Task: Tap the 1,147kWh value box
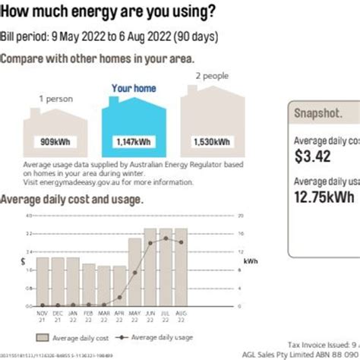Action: click(x=134, y=141)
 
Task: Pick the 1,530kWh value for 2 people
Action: click(x=207, y=141)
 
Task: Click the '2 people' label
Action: click(x=213, y=77)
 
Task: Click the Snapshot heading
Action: click(x=317, y=112)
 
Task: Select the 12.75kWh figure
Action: click(x=324, y=197)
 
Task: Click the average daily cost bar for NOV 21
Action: click(x=43, y=281)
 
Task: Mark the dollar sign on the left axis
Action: click(x=24, y=261)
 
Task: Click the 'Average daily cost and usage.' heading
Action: click(x=72, y=199)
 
